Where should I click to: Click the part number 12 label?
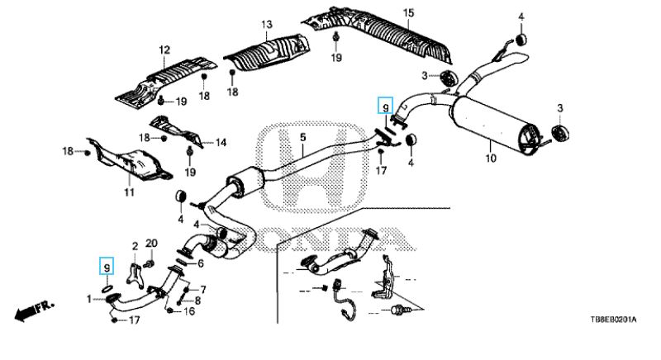(x=164, y=50)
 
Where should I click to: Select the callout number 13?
(x=266, y=25)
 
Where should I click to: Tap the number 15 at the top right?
(x=407, y=12)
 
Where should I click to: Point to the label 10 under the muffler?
(x=489, y=157)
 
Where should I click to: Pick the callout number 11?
(x=129, y=192)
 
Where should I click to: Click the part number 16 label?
(x=190, y=311)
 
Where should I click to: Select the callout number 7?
(x=202, y=289)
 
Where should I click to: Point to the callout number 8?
(x=197, y=301)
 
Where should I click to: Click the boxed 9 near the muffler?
(x=383, y=105)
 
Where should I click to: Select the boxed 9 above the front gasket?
(x=106, y=266)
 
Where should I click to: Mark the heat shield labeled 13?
(x=266, y=53)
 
